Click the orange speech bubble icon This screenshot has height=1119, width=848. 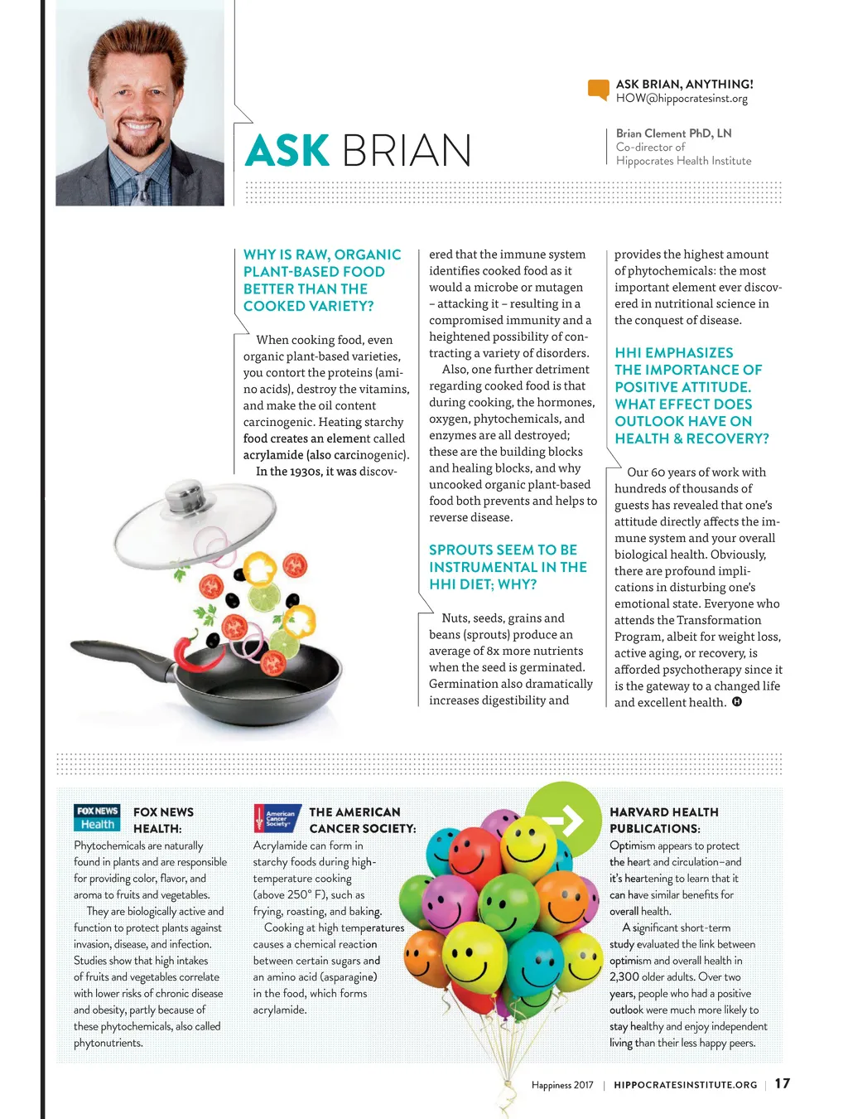tap(598, 90)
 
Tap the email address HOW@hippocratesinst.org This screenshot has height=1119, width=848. tap(681, 99)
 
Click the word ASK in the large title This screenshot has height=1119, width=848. tap(287, 151)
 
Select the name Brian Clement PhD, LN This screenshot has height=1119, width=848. tap(673, 133)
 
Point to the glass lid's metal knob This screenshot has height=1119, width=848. tap(183, 499)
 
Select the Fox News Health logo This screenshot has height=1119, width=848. tap(97, 817)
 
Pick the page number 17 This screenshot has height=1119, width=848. tap(782, 1083)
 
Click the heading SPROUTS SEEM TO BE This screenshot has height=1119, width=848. tap(503, 550)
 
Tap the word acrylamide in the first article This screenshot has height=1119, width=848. tap(273, 455)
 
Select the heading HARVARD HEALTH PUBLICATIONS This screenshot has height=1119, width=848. tap(663, 820)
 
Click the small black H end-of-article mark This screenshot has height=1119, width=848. tap(736, 702)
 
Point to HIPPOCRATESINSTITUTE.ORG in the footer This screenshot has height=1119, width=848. tap(685, 1085)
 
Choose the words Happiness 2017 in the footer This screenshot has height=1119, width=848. tap(562, 1085)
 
